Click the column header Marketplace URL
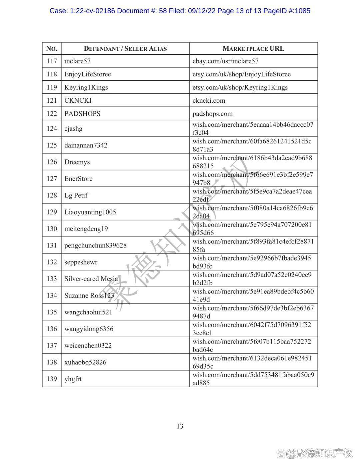pyautogui.click(x=253, y=49)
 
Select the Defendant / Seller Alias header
pyautogui.click(x=125, y=49)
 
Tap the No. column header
pyautogui.click(x=52, y=49)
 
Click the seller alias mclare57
pyautogui.click(x=77, y=61)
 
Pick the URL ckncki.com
pyautogui.click(x=209, y=100)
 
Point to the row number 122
pyautogui.click(x=52, y=114)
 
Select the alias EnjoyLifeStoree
pyautogui.click(x=88, y=74)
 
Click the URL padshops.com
pyautogui.click(x=213, y=114)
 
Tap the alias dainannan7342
pyautogui.click(x=86, y=145)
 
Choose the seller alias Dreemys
pyautogui.click(x=77, y=162)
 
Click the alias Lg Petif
pyautogui.click(x=76, y=195)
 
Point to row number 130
pyautogui.click(x=52, y=229)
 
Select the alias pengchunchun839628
pyautogui.click(x=95, y=246)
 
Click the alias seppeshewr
pyautogui.click(x=81, y=262)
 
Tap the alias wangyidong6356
pyautogui.click(x=89, y=329)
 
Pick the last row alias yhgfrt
pyautogui.click(x=73, y=379)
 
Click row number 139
pyautogui.click(x=52, y=379)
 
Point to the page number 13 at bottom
pyautogui.click(x=180, y=426)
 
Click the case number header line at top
pyautogui.click(x=180, y=11)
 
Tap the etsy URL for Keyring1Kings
pyautogui.click(x=240, y=87)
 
